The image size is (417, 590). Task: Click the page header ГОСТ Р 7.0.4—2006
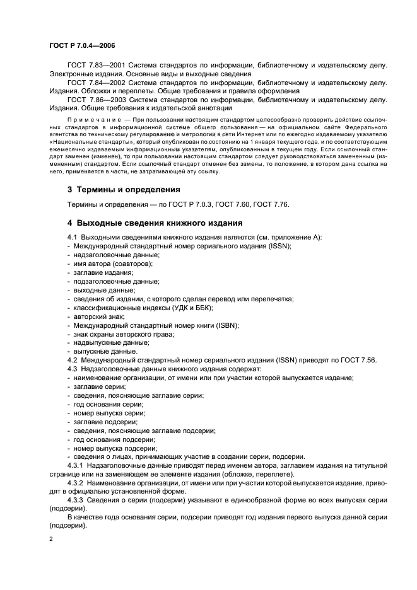pyautogui.click(x=81, y=45)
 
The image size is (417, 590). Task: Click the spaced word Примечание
pyautogui.click(x=90, y=119)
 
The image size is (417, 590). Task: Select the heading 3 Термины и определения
pyautogui.click(x=124, y=189)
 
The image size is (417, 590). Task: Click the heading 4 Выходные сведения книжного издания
pyautogui.click(x=146, y=223)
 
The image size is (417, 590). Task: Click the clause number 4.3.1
pyautogui.click(x=77, y=465)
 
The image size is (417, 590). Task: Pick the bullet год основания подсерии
pyautogui.click(x=110, y=439)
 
